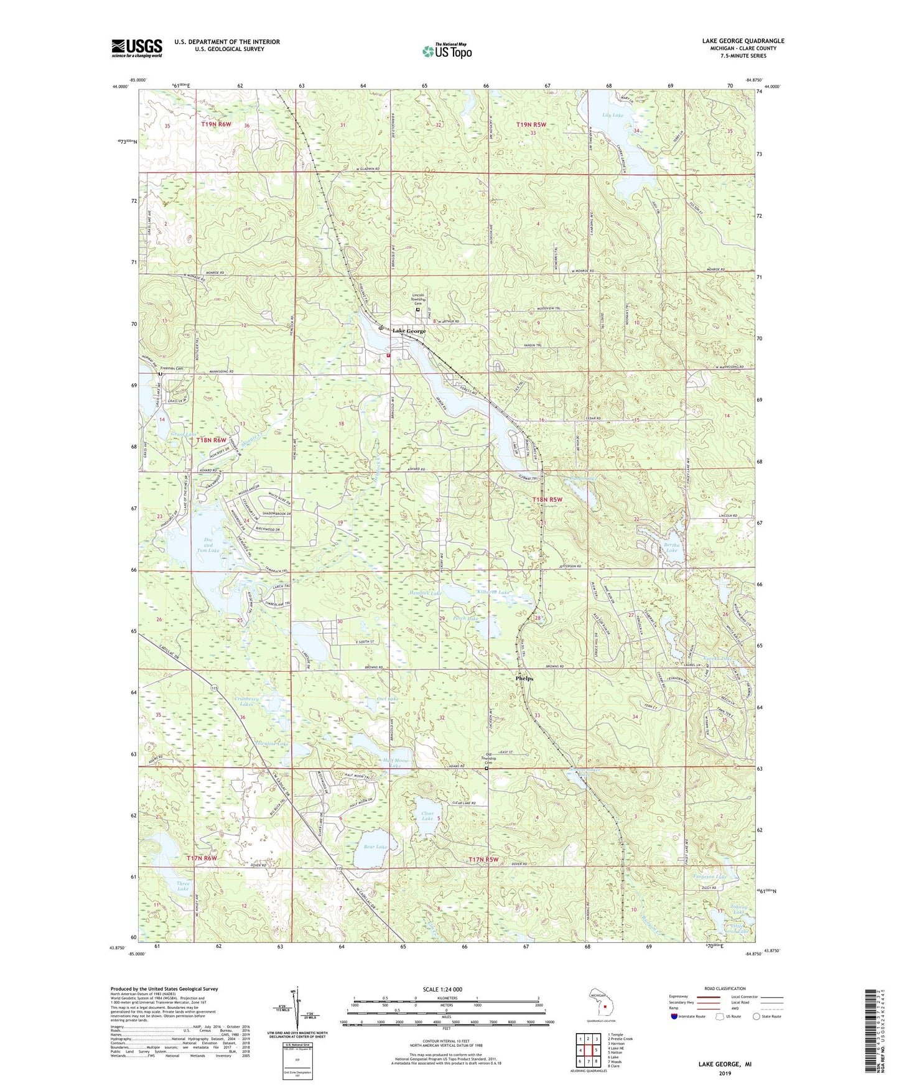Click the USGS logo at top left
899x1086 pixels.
click(x=137, y=47)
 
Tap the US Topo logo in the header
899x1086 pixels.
click(x=447, y=51)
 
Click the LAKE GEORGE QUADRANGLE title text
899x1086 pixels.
click(x=743, y=41)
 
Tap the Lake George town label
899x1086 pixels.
click(x=409, y=331)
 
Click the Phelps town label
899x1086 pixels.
click(x=524, y=679)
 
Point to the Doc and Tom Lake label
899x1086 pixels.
click(x=208, y=545)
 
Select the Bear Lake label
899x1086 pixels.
click(x=375, y=847)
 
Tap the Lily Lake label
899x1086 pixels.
click(x=613, y=115)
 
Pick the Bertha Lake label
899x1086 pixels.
click(x=671, y=547)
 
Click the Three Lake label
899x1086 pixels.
click(x=182, y=886)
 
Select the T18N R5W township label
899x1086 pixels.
click(x=547, y=499)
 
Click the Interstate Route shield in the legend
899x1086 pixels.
click(x=675, y=1016)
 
